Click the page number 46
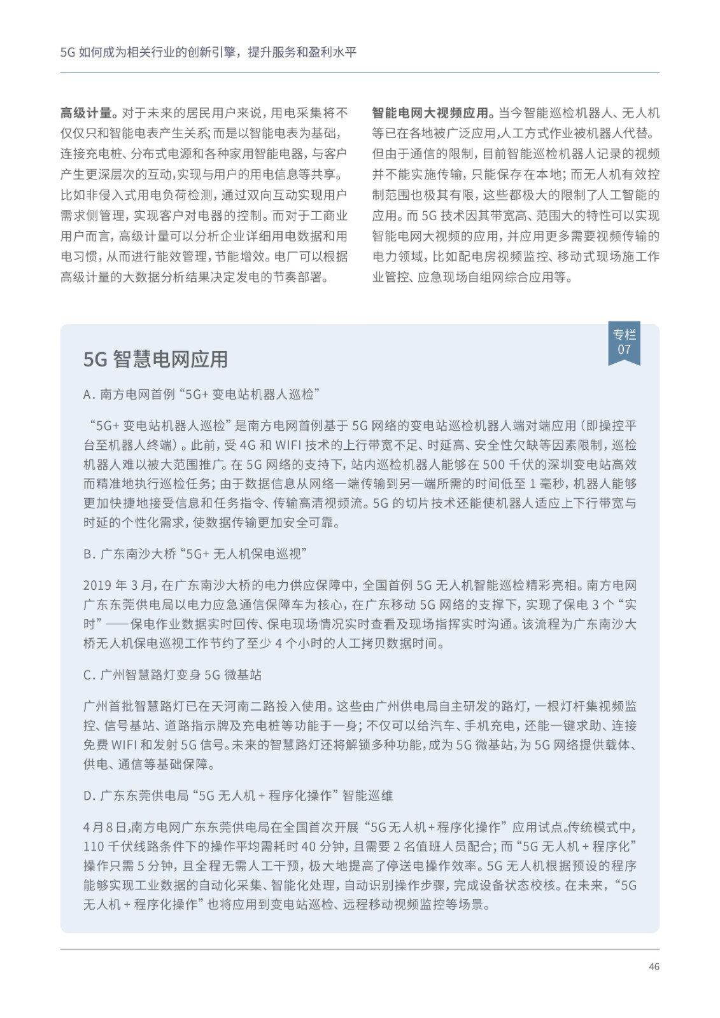click(654, 966)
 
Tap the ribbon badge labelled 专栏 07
click(624, 342)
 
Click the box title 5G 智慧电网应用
click(155, 359)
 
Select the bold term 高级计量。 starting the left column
click(88, 113)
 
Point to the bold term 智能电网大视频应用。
click(434, 113)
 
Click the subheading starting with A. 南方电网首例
click(201, 394)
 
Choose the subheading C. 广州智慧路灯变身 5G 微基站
click(173, 675)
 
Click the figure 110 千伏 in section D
click(109, 847)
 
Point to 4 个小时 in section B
click(303, 643)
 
